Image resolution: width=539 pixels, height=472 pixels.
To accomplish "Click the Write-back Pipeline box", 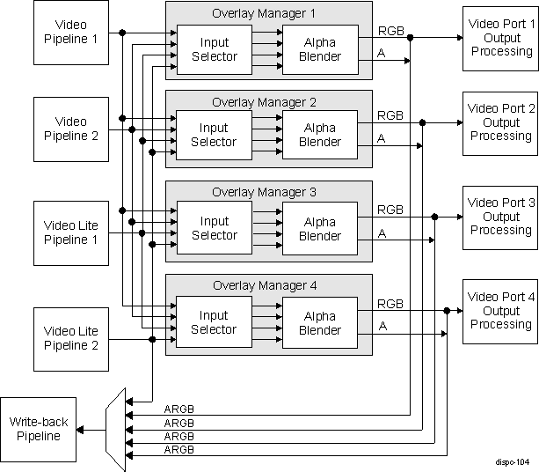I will tap(38, 430).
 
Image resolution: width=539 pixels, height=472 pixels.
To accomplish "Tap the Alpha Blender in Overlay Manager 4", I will tap(319, 322).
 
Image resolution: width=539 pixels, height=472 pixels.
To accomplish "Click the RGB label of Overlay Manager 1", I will tap(390, 30).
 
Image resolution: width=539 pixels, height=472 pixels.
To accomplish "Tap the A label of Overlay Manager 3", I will tap(382, 232).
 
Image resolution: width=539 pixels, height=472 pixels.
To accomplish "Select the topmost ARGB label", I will tap(179, 409).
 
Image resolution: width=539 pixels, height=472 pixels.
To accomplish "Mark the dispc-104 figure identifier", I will tap(510, 461).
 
